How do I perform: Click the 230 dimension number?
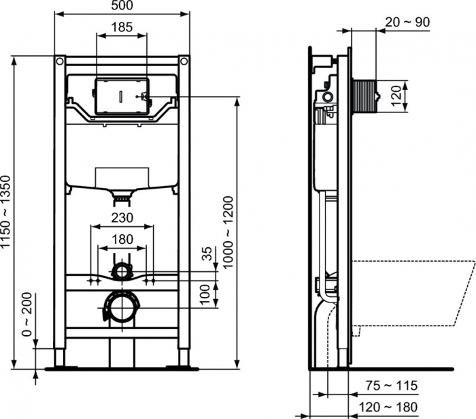point(122,218)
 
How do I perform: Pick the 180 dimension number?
point(122,239)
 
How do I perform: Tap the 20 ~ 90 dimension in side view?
point(407,22)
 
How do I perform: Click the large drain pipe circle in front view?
point(121,309)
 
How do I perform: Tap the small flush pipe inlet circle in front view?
point(122,272)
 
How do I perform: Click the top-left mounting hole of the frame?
point(60,62)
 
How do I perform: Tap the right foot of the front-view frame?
point(184,358)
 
